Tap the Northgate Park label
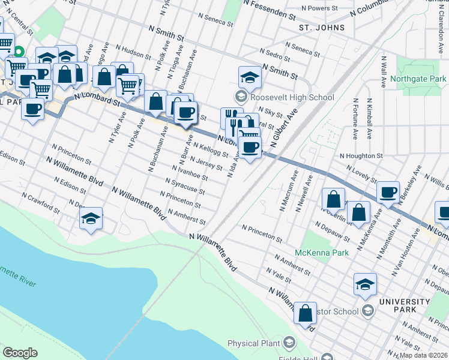click(x=418, y=79)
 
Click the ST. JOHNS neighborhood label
click(x=322, y=28)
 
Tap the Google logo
click(x=20, y=353)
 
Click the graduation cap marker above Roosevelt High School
click(x=250, y=77)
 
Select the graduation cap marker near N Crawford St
click(x=91, y=218)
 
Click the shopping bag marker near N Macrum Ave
click(x=333, y=199)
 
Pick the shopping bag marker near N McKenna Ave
click(x=358, y=212)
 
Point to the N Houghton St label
click(x=361, y=155)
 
